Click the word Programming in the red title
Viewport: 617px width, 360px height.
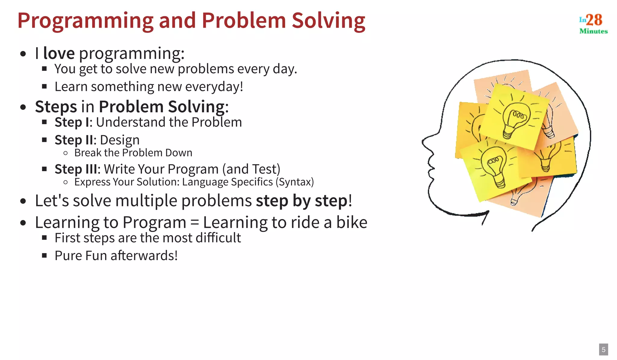[x=86, y=21]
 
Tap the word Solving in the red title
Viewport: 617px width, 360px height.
[x=328, y=21]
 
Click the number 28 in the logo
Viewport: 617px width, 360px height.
[x=594, y=20]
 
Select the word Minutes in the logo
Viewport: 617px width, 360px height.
[x=594, y=31]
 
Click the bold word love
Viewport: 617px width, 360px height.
[x=59, y=53]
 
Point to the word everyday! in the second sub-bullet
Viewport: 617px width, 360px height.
[x=214, y=87]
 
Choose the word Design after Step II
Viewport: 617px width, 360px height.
[x=120, y=140]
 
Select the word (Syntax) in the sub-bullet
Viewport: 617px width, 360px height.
[x=295, y=182]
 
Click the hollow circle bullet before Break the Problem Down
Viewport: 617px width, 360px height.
[x=66, y=153]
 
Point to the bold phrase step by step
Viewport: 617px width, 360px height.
[x=302, y=201]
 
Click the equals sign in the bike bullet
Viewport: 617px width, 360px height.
[x=195, y=223]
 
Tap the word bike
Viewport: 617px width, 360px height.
[x=352, y=222]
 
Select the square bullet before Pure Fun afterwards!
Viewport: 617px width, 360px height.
[x=45, y=256]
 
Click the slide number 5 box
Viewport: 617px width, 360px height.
[x=603, y=349]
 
